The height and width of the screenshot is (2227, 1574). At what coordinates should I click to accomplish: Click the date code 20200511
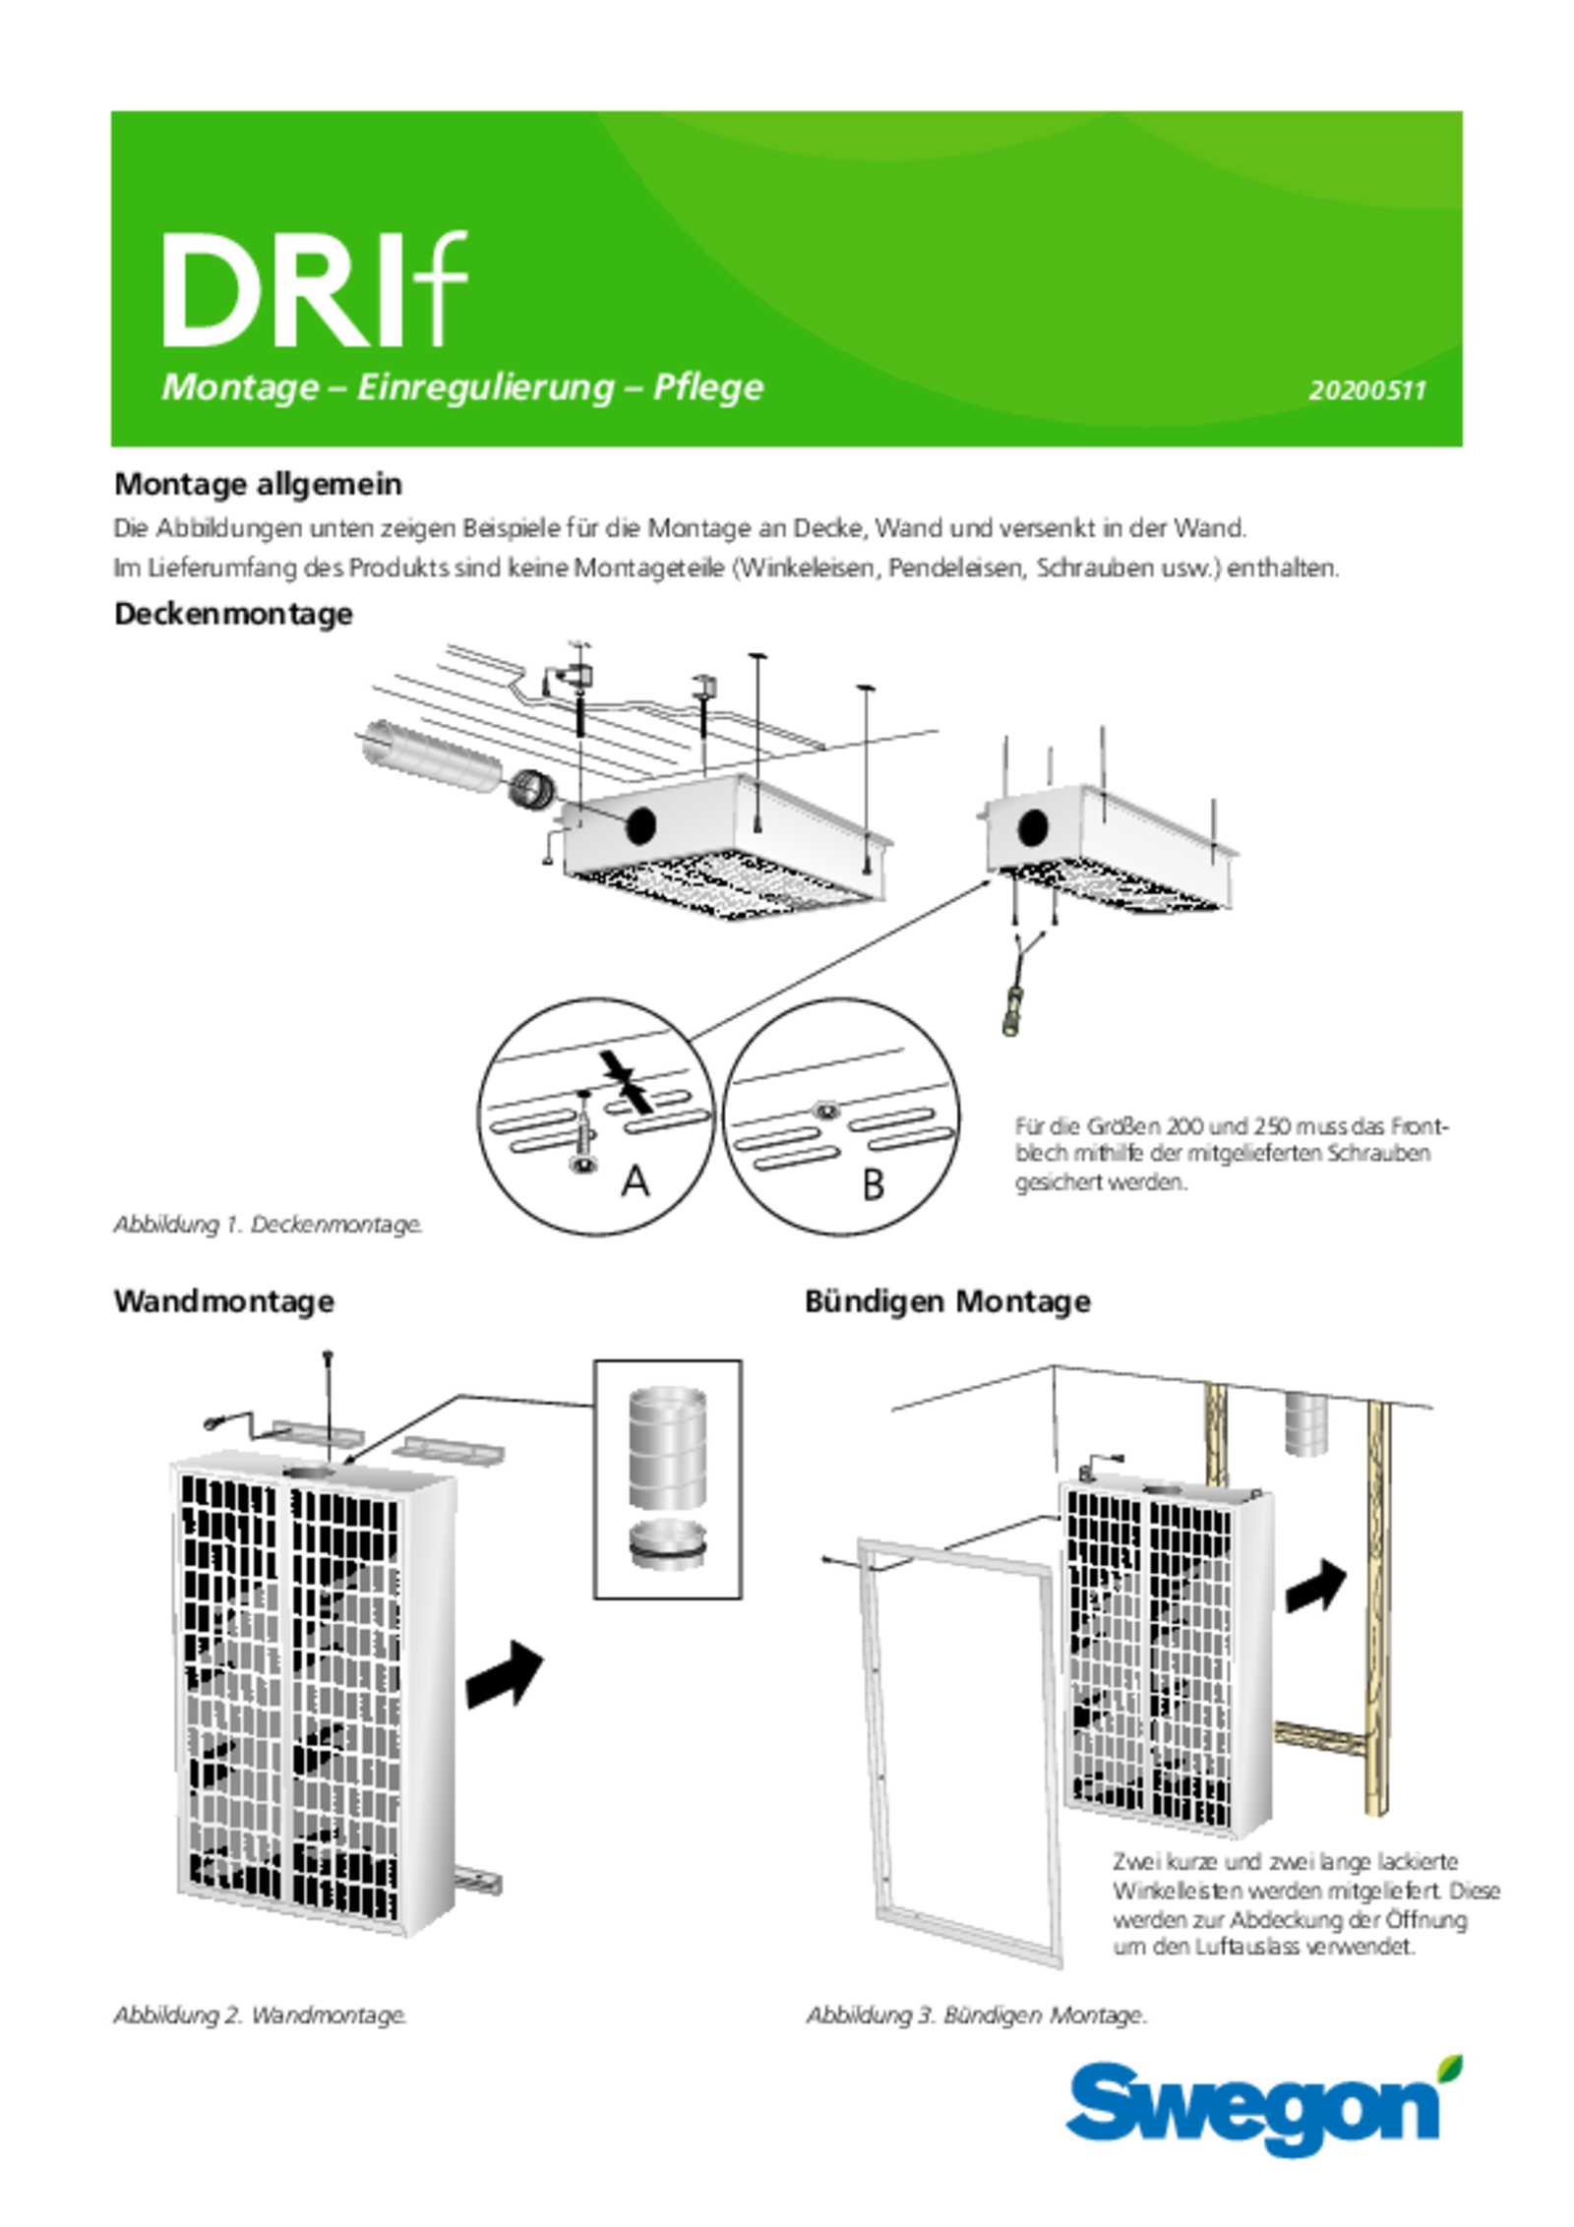[1366, 391]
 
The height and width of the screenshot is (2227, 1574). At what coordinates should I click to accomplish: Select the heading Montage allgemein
[259, 484]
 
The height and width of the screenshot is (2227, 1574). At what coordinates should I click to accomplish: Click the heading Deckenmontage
[234, 614]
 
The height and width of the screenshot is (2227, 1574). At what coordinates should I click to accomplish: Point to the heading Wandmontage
[224, 1301]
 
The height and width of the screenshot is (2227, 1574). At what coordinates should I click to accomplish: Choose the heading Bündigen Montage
[947, 1301]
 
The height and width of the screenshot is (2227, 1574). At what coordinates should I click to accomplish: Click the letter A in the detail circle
[636, 1181]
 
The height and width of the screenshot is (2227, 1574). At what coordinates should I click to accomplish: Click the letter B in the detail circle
[873, 1185]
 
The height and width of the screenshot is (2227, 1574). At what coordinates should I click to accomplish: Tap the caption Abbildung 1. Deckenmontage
[268, 1225]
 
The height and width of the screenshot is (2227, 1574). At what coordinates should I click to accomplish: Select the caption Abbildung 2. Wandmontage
[260, 2016]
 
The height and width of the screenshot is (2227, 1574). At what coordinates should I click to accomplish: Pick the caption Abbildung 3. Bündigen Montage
[976, 2016]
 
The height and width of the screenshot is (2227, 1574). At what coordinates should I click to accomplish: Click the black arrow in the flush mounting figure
[1315, 1587]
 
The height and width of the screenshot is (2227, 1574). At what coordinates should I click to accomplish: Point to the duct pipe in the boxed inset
[667, 1447]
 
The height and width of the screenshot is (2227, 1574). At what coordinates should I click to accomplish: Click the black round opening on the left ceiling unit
[640, 825]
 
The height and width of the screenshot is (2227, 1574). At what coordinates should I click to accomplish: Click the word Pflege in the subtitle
[708, 388]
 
